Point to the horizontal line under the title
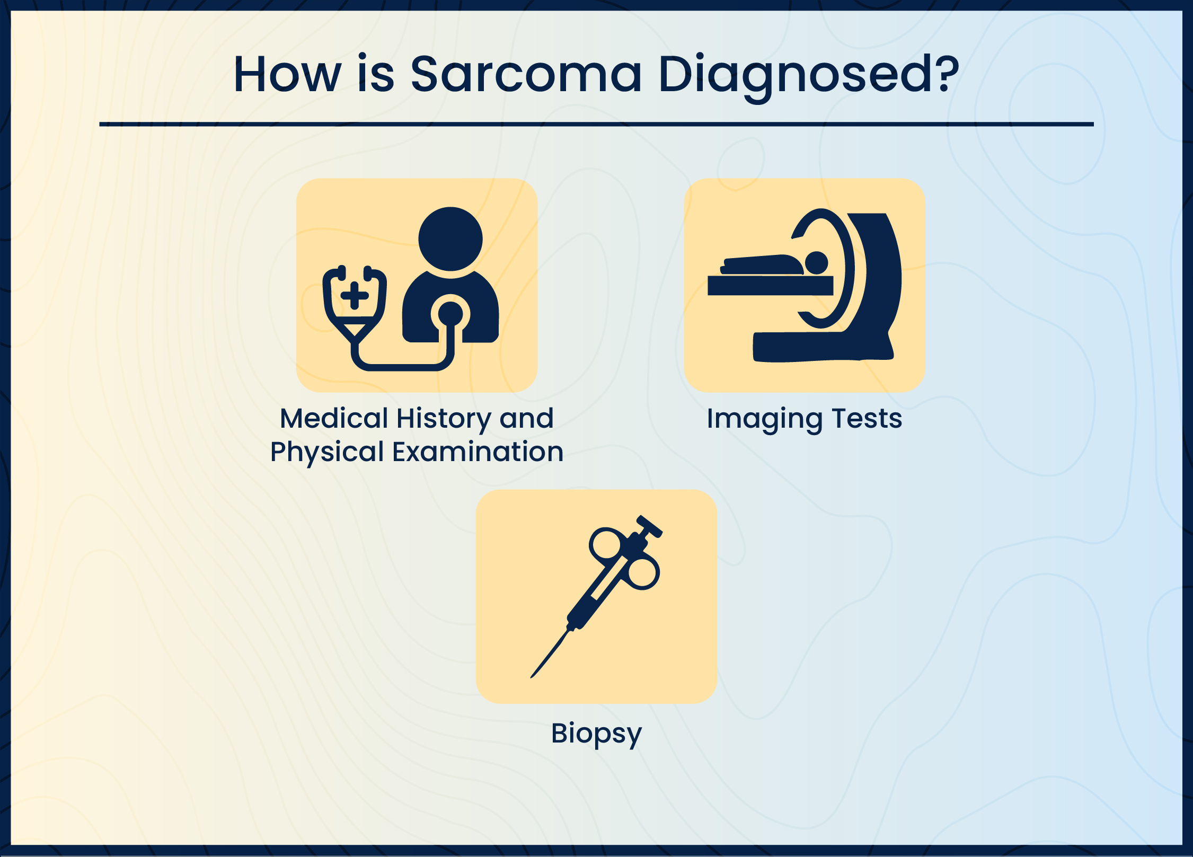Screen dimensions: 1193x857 [596, 124]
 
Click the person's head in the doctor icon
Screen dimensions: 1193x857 [450, 238]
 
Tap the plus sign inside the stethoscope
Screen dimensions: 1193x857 [355, 296]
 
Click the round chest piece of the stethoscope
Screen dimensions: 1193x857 [450, 314]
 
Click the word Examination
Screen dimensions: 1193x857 [478, 452]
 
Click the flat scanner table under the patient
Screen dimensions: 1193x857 [770, 285]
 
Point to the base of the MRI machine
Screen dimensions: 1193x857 [823, 347]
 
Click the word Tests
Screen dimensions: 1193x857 [867, 419]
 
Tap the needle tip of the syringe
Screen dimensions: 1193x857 [532, 677]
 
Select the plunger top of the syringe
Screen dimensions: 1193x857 [650, 526]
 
